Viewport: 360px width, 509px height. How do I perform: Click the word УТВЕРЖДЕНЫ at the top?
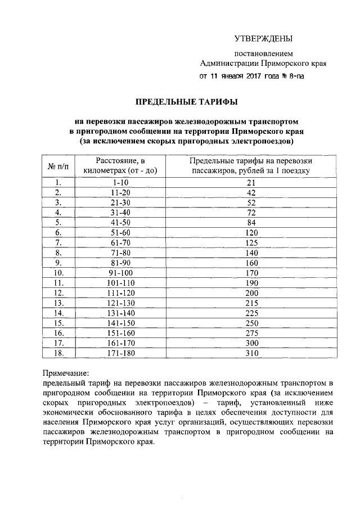[x=263, y=39]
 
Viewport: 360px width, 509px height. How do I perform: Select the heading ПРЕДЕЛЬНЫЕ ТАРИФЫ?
[x=186, y=102]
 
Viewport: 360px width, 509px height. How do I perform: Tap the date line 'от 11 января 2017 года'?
[x=252, y=76]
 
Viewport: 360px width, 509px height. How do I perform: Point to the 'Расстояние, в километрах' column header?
[x=121, y=165]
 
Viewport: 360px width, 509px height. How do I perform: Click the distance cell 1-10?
[x=121, y=182]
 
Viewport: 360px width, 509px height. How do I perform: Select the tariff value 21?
[x=251, y=182]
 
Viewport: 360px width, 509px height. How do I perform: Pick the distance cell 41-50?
[x=121, y=222]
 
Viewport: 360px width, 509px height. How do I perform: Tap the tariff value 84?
[x=251, y=222]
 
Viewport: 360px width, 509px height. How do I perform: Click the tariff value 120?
[x=251, y=232]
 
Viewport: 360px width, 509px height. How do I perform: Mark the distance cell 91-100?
[x=121, y=273]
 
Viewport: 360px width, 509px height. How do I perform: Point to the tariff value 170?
[x=251, y=273]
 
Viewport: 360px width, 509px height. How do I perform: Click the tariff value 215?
[x=251, y=303]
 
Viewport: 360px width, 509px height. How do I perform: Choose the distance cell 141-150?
[x=121, y=323]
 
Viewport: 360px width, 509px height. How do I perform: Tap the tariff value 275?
[x=251, y=334]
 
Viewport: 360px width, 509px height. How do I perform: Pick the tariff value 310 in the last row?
[x=251, y=354]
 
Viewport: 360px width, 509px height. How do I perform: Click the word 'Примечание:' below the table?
[x=66, y=373]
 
